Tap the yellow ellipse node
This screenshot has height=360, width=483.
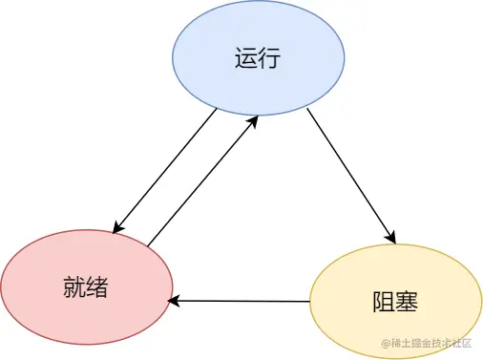396,302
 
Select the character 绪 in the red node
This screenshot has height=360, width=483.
98,286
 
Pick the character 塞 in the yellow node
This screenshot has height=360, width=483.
409,303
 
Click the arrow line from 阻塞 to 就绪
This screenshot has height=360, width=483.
239,301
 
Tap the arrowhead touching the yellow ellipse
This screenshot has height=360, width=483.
389,236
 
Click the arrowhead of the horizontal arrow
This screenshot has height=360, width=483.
174,301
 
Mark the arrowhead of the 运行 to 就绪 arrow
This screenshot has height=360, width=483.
117,228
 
